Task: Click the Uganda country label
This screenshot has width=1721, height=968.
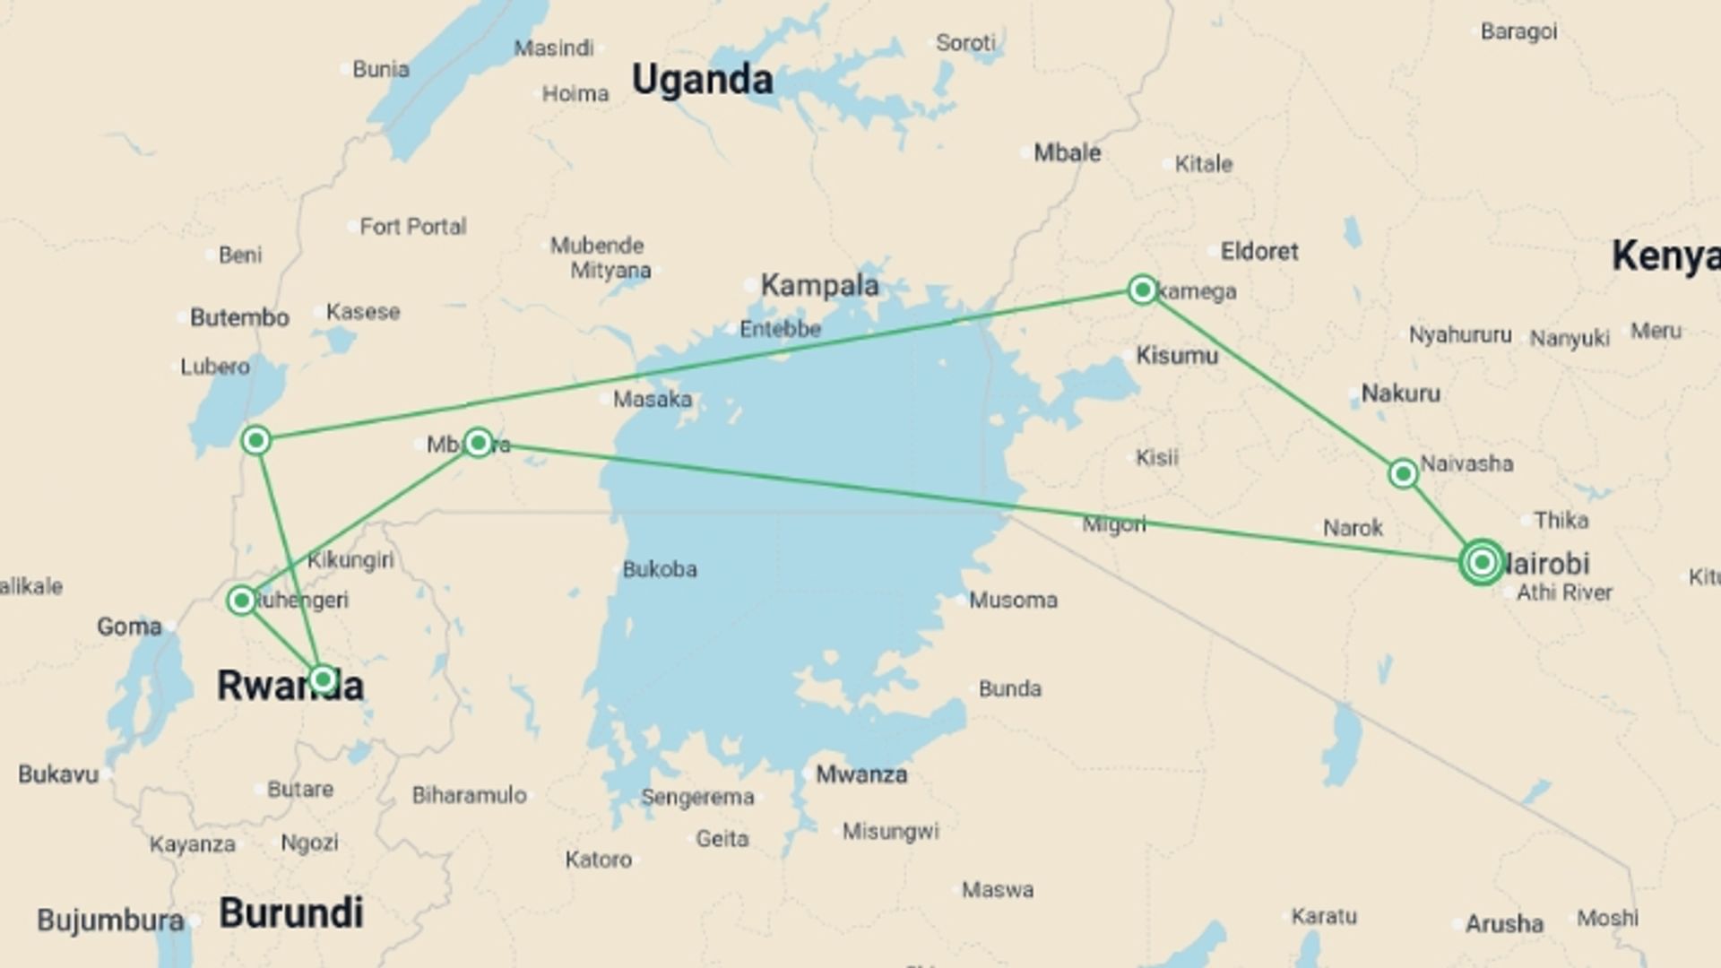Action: click(x=702, y=80)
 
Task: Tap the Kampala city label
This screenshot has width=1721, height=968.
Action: click(x=819, y=286)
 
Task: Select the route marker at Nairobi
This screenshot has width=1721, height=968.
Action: click(x=1482, y=562)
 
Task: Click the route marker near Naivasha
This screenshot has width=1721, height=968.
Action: click(x=1403, y=473)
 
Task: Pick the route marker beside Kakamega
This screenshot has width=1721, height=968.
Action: click(x=1142, y=290)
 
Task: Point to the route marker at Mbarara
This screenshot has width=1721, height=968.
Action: click(x=478, y=442)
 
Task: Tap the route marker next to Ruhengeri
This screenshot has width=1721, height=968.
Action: click(x=241, y=600)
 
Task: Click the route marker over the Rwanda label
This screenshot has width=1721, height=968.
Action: click(x=323, y=678)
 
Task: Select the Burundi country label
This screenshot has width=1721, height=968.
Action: click(x=291, y=913)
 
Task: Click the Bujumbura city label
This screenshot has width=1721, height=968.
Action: click(x=110, y=920)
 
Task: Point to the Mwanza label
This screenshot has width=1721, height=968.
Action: click(x=860, y=774)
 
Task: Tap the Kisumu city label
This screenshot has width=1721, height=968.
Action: click(x=1177, y=356)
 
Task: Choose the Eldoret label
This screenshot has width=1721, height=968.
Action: click(x=1258, y=252)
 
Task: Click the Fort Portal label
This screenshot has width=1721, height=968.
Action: click(x=412, y=227)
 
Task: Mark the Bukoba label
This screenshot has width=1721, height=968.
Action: click(x=659, y=569)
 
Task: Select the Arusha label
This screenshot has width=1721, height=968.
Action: click(x=1504, y=923)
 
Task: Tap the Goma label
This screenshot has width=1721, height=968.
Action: click(x=129, y=627)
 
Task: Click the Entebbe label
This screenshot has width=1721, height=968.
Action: click(x=780, y=329)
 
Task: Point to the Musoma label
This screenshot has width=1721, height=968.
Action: click(x=1013, y=600)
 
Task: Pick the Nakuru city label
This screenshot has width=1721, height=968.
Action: click(x=1400, y=393)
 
